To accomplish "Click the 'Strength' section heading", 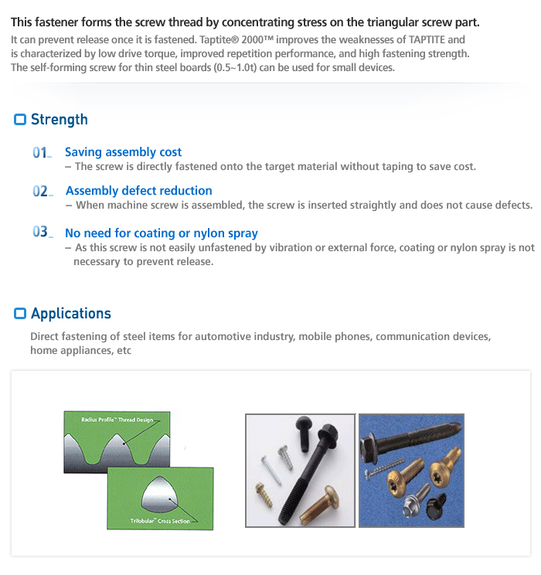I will tap(59, 120).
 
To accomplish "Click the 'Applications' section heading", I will tap(70, 314).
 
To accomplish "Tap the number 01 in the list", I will tap(41, 153).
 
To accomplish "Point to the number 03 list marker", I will tap(41, 233).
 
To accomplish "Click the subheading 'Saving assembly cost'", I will tap(123, 152).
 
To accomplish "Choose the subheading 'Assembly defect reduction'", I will tap(138, 191).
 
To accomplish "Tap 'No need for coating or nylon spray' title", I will tap(161, 233).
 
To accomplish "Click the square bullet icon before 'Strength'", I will tap(20, 120).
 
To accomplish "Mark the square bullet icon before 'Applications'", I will tap(20, 314).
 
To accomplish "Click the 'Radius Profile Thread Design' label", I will tap(117, 420).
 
